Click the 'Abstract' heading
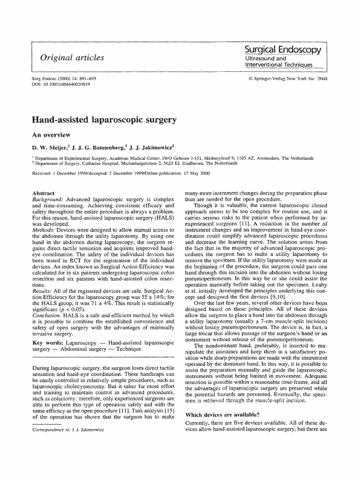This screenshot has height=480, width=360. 43,193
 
